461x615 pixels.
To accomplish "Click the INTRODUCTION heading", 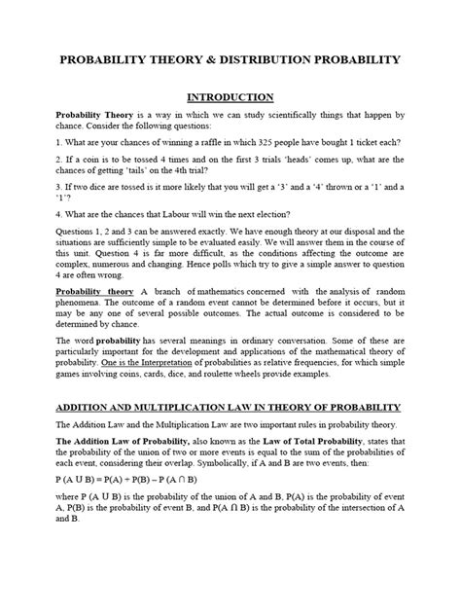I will coord(230,97).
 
